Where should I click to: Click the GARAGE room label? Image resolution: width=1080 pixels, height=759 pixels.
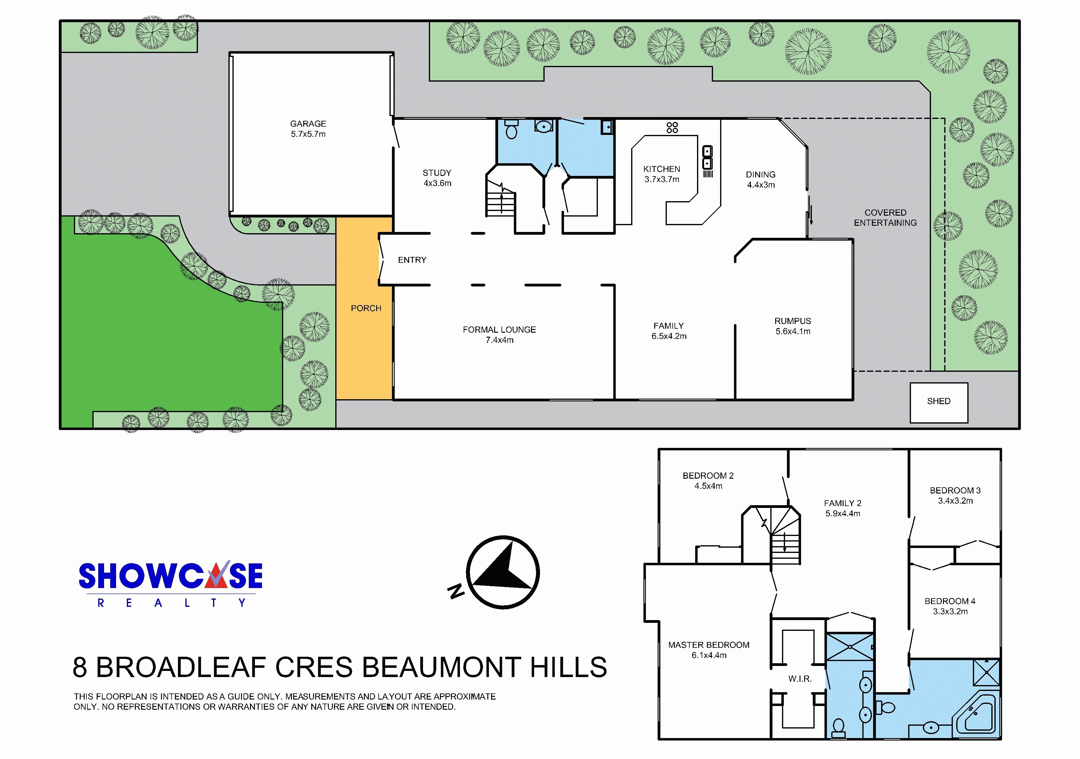click(308, 124)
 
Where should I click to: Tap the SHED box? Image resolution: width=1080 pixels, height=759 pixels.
click(939, 403)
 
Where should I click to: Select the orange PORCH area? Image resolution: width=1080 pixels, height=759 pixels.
click(365, 308)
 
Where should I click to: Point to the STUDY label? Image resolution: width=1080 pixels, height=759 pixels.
click(437, 173)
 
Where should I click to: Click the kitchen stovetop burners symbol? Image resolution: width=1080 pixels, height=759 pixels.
click(672, 128)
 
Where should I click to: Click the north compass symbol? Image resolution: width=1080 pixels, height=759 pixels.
click(502, 573)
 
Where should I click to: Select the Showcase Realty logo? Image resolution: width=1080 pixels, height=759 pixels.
click(170, 583)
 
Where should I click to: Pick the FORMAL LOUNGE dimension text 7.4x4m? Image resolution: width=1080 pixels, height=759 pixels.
click(500, 340)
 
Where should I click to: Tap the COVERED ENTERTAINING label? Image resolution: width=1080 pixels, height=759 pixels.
click(885, 218)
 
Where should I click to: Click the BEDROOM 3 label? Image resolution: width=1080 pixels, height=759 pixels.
click(955, 490)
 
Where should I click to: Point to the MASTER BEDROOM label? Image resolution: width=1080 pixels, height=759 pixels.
click(709, 645)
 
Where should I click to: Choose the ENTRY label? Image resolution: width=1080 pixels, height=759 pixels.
click(412, 260)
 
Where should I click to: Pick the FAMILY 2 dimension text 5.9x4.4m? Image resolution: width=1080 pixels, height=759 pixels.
click(843, 514)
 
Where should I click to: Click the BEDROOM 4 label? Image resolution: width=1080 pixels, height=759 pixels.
click(950, 601)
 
